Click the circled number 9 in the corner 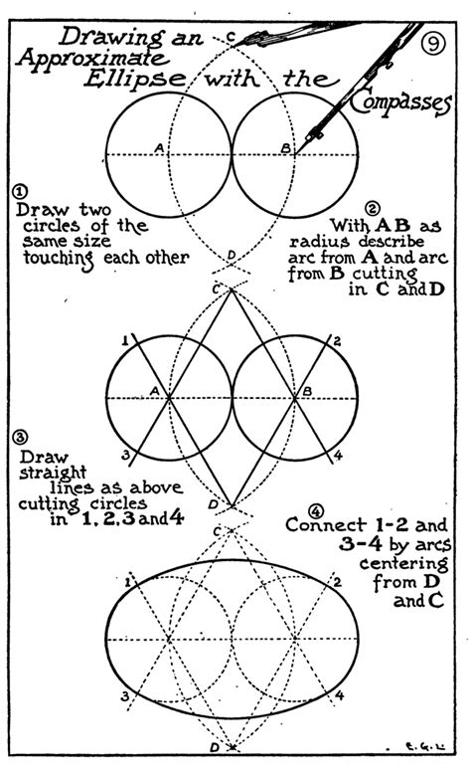click(x=434, y=43)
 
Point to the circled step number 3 click(x=21, y=437)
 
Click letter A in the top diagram click(x=158, y=147)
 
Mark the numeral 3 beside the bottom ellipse click(x=125, y=696)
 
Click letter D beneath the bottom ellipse click(x=215, y=747)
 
